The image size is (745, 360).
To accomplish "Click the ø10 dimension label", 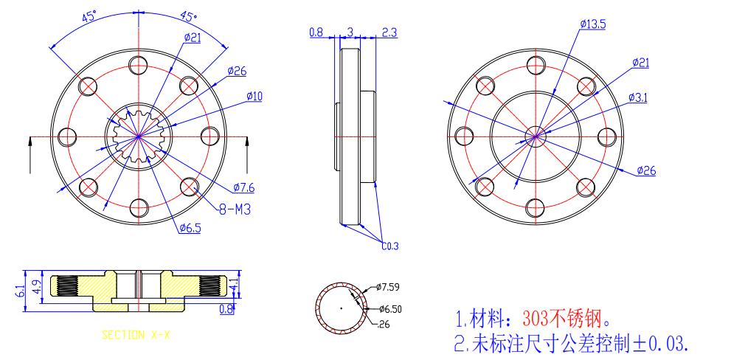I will [255, 96].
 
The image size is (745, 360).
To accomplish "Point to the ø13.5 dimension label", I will [593, 24].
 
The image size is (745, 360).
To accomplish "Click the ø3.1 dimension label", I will [638, 97].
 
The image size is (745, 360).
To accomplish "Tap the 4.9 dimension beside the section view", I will [36, 286].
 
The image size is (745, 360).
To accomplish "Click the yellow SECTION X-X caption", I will [136, 335].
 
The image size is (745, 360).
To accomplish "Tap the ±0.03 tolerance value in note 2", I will [661, 343].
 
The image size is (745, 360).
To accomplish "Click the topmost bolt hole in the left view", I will [139, 65].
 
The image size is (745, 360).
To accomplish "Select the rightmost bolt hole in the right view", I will [607, 136].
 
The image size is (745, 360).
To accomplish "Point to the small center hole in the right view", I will [536, 135].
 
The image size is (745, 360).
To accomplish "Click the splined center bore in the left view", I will [139, 136].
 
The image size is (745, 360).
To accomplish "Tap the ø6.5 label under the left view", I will [190, 228].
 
